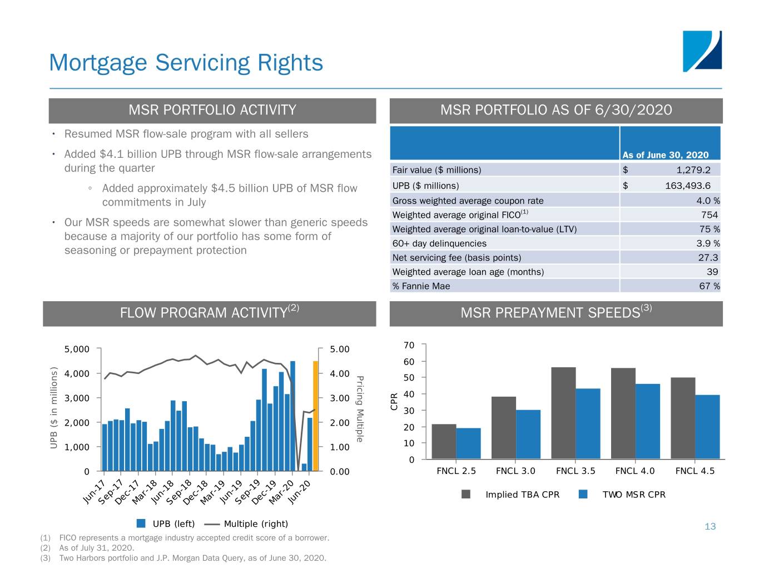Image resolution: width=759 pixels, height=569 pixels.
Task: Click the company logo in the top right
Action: click(x=702, y=51)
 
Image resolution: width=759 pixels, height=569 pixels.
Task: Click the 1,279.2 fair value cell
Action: click(x=693, y=170)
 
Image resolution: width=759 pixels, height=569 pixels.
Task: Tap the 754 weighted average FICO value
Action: click(x=709, y=215)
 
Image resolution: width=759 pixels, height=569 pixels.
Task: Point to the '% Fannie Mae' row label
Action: click(x=421, y=286)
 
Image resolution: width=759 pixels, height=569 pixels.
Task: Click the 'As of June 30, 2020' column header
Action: click(x=665, y=155)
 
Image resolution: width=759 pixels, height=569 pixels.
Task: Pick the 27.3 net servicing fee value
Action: click(x=708, y=258)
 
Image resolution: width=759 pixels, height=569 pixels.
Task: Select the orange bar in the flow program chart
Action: click(x=316, y=416)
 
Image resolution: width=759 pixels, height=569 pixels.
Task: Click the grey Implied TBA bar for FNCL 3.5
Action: click(x=563, y=413)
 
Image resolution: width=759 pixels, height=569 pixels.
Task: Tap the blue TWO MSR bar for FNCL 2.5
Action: click(x=468, y=443)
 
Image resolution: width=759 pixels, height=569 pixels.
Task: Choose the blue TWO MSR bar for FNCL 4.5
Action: click(x=707, y=427)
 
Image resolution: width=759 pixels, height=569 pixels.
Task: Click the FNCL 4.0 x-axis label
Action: click(x=634, y=471)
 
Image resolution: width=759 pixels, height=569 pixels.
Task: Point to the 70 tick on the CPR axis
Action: click(x=409, y=346)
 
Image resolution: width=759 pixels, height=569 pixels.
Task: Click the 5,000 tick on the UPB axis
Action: click(x=77, y=350)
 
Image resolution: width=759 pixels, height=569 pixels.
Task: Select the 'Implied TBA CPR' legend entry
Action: click(x=522, y=495)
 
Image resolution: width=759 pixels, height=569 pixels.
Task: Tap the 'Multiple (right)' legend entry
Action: click(x=255, y=524)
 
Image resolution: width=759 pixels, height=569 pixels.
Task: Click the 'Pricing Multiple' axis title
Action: click(x=360, y=409)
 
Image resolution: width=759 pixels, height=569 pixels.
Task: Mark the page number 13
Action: click(x=710, y=527)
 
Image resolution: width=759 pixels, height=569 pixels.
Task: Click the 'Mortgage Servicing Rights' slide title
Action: click(x=186, y=63)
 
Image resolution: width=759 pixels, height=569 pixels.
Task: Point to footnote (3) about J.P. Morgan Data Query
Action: click(x=192, y=558)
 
